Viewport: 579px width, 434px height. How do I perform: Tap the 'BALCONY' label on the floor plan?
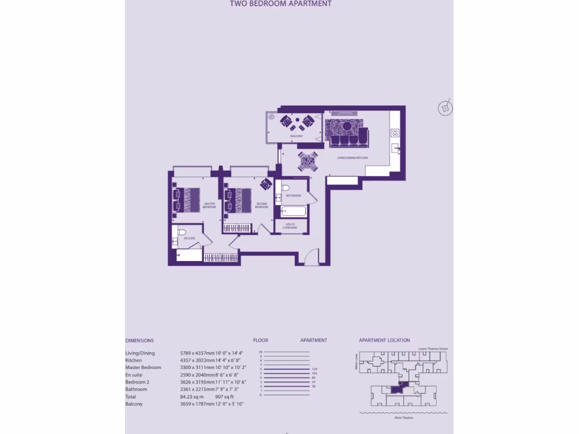[297, 136]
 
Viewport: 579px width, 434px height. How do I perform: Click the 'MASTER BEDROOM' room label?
[209, 206]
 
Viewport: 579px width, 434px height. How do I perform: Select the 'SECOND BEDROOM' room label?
[261, 206]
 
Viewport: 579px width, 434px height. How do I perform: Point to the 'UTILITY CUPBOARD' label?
[291, 226]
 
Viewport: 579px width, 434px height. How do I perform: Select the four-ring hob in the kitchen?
[395, 133]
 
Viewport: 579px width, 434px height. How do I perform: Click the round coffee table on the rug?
[345, 125]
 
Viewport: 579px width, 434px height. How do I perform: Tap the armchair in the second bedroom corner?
[266, 184]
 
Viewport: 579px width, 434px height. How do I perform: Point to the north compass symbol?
[446, 108]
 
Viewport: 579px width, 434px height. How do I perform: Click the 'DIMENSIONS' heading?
[139, 341]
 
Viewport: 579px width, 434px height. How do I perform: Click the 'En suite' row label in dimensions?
[134, 375]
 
